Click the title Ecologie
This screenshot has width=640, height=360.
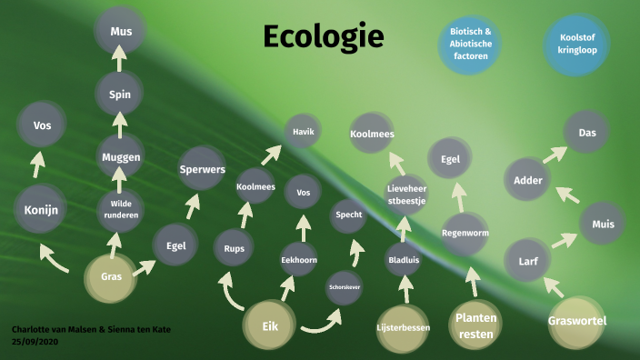[x=324, y=36]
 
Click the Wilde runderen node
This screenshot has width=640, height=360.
[x=121, y=209]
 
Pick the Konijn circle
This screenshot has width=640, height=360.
[x=36, y=212]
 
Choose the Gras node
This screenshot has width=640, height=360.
[x=112, y=277]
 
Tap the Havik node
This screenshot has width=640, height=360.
[x=303, y=132]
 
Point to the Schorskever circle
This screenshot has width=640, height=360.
[x=345, y=288]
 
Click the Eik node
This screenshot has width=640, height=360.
[x=270, y=325]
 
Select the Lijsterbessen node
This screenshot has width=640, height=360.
[x=403, y=326]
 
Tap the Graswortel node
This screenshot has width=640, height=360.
[x=577, y=321]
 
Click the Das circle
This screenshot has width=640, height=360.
[x=586, y=134]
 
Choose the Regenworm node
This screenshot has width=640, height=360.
[x=465, y=233]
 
